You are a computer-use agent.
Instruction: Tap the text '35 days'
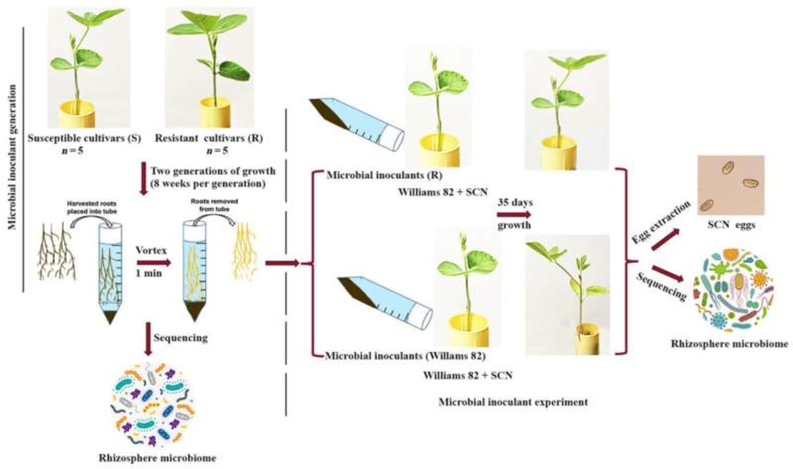pos(515,199)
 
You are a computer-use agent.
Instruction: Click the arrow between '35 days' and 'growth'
pos(515,214)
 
